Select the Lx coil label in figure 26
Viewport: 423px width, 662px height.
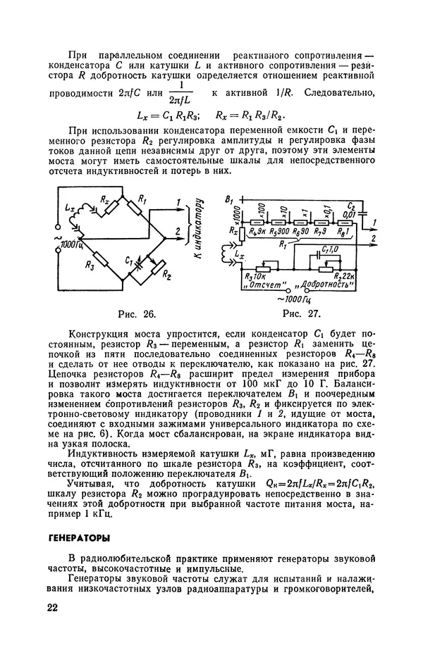point(68,210)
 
